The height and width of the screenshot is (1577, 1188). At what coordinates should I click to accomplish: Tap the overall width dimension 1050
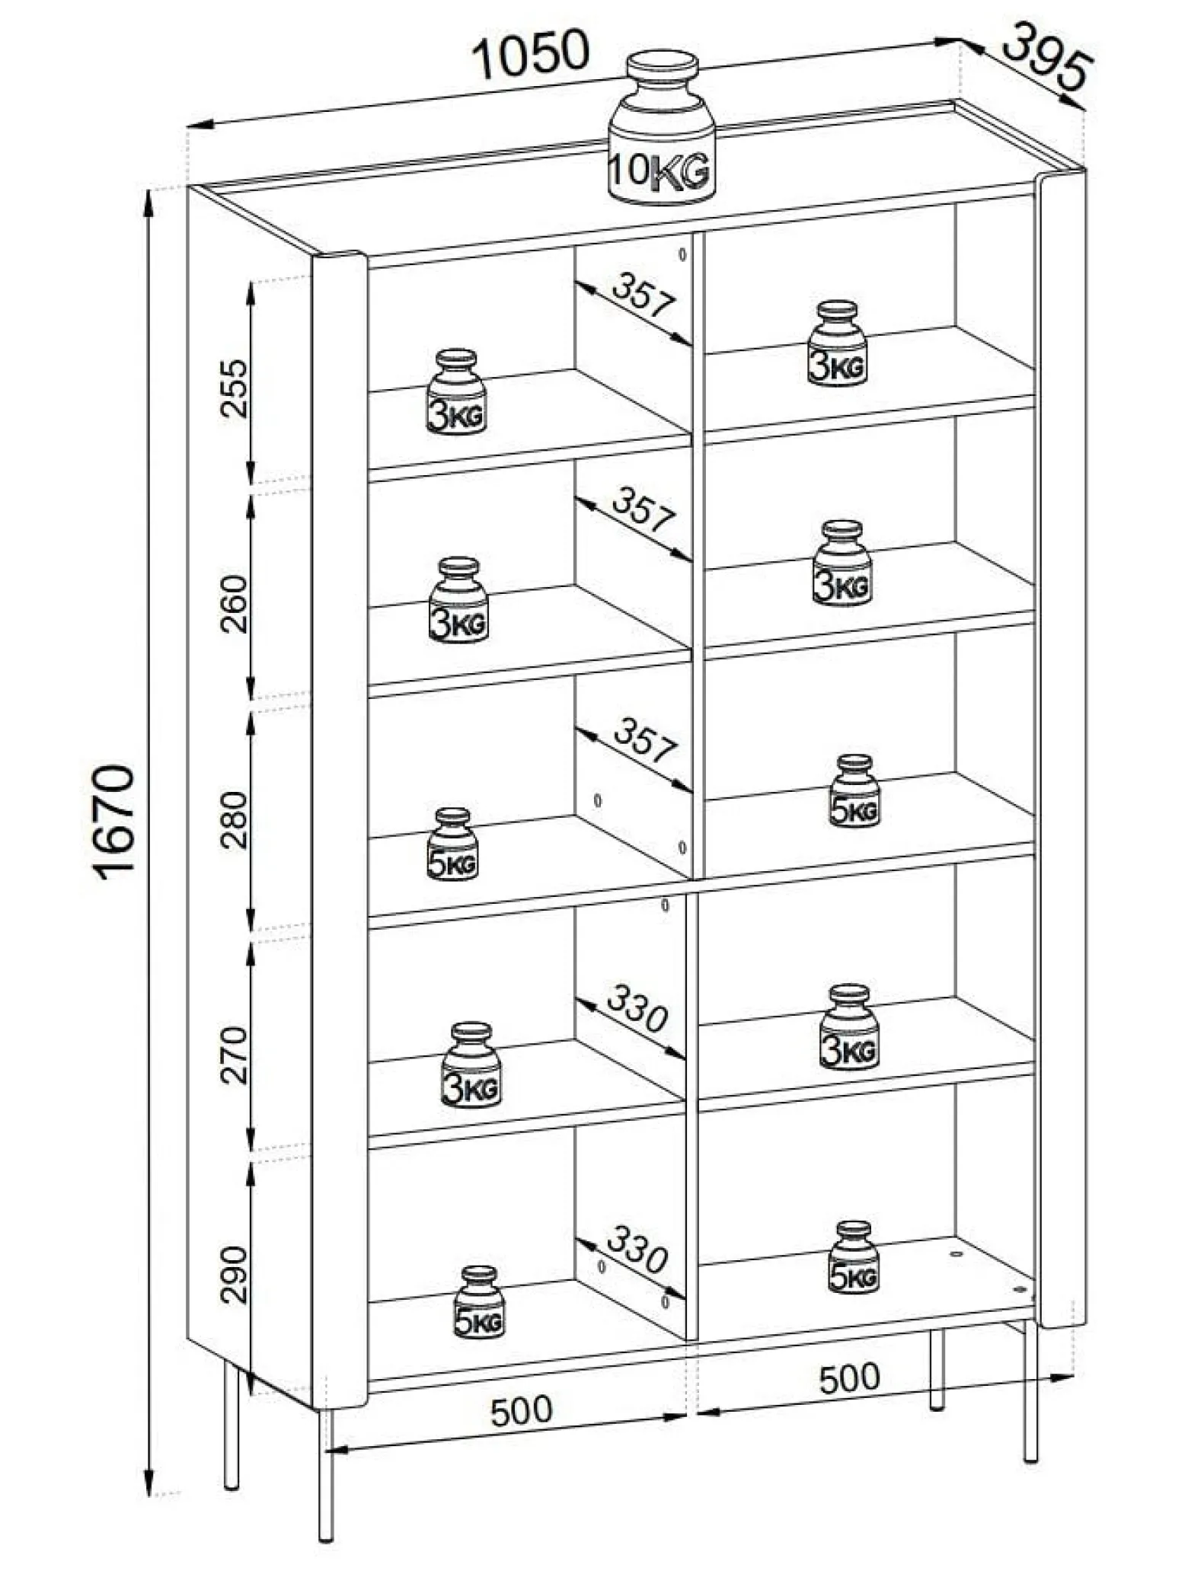[532, 54]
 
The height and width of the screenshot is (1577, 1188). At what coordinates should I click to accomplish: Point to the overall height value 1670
[117, 823]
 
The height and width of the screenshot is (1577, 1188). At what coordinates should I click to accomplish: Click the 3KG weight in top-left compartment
[457, 392]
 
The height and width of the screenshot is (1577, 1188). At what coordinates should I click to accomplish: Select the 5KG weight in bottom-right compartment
[853, 1256]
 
